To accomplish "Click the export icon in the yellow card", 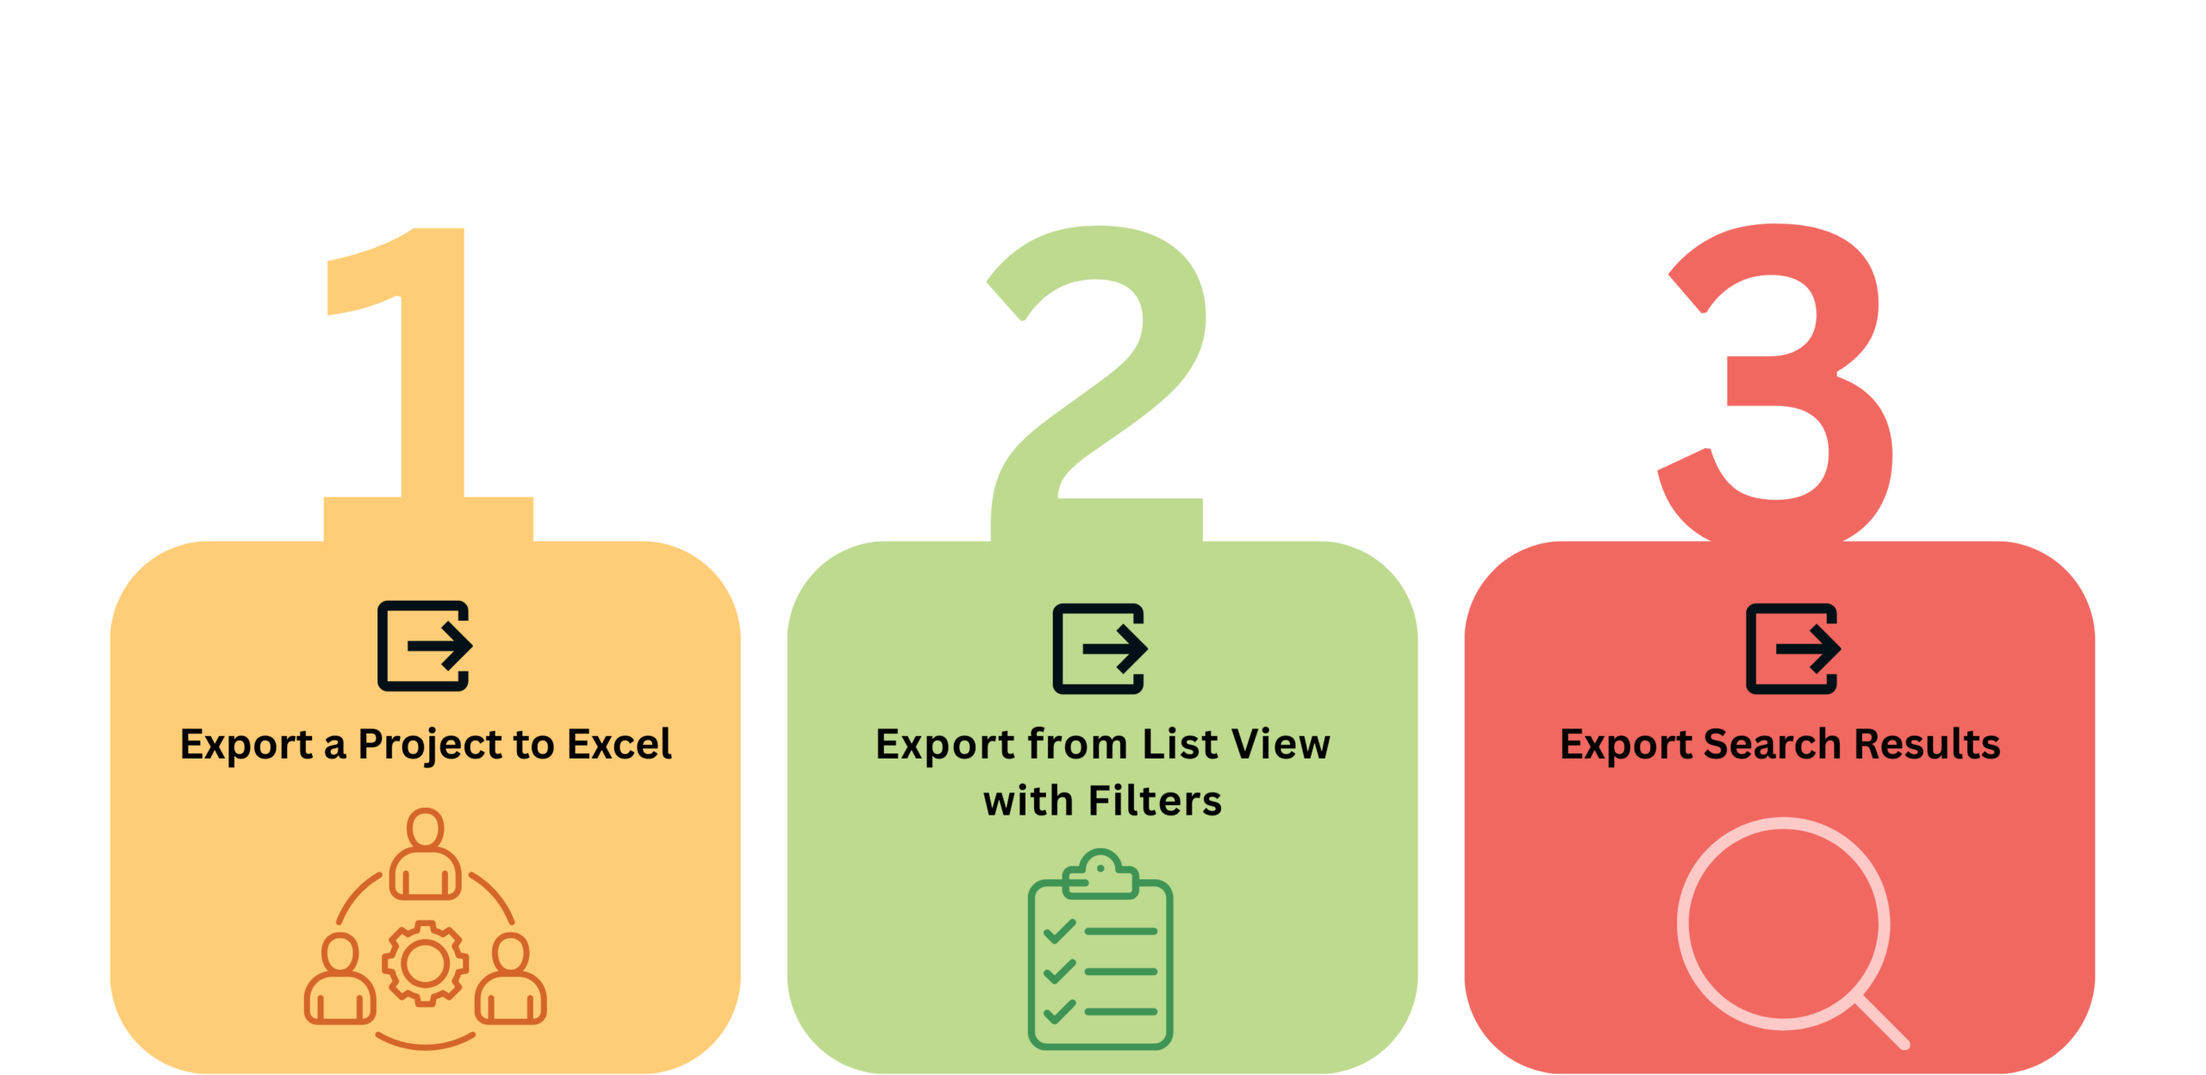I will pos(424,646).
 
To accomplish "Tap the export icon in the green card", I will pos(1100,648).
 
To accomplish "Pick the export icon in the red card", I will pos(1792,648).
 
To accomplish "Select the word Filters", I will pos(1155,801).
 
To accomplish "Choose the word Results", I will pos(1927,744).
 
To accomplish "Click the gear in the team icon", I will pos(425,963).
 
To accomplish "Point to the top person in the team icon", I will pos(425,853).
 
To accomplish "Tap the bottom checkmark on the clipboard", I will pos(1059,1010).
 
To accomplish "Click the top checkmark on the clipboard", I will pos(1059,931).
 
